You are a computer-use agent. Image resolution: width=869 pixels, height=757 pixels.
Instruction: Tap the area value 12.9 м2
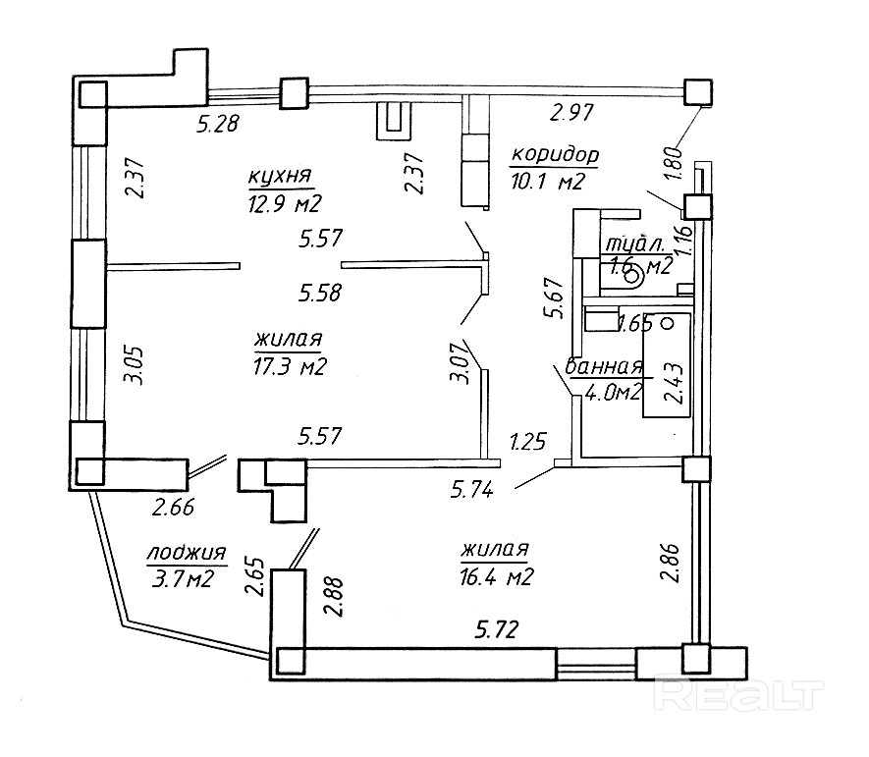coord(285,203)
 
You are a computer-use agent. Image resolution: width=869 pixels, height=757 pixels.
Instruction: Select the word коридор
coord(554,156)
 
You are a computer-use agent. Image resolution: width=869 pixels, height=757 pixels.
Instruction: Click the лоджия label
coord(187,555)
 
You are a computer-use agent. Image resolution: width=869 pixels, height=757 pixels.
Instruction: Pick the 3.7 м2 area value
coord(184,579)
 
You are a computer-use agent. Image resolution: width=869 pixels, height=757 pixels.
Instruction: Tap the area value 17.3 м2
coord(289,366)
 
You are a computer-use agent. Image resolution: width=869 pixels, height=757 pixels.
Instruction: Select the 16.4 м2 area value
coord(495,577)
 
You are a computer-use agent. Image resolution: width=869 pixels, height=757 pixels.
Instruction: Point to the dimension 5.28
coord(219,124)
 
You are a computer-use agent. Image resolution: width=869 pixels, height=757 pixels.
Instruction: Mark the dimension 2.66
coord(172,508)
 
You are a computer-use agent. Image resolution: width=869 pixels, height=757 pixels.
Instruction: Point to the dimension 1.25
coord(528,443)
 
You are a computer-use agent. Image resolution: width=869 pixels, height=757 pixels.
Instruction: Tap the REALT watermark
coord(739,695)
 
